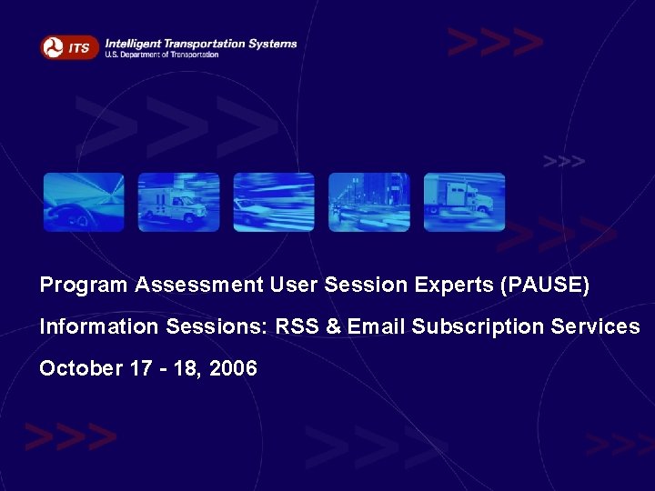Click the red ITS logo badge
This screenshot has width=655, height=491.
[x=69, y=47]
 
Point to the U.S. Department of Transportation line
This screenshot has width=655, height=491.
[x=162, y=55]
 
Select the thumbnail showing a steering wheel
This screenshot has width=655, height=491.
[x=84, y=202]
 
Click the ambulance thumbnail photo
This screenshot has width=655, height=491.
[x=178, y=202]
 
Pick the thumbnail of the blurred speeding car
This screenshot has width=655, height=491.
[x=274, y=202]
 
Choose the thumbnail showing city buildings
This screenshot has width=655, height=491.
[x=368, y=202]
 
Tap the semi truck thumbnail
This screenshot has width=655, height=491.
[x=464, y=202]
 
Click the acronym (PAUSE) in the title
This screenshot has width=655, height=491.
[x=545, y=286]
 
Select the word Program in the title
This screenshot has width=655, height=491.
[x=84, y=286]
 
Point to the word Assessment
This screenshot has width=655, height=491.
[x=199, y=286]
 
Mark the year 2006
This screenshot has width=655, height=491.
[x=236, y=369]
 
